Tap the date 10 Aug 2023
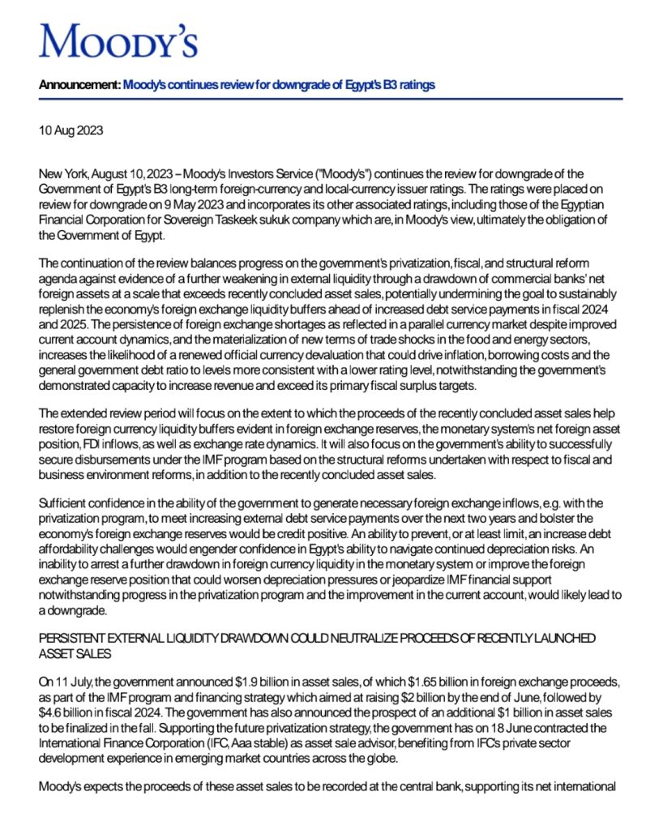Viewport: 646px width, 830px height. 71,130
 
